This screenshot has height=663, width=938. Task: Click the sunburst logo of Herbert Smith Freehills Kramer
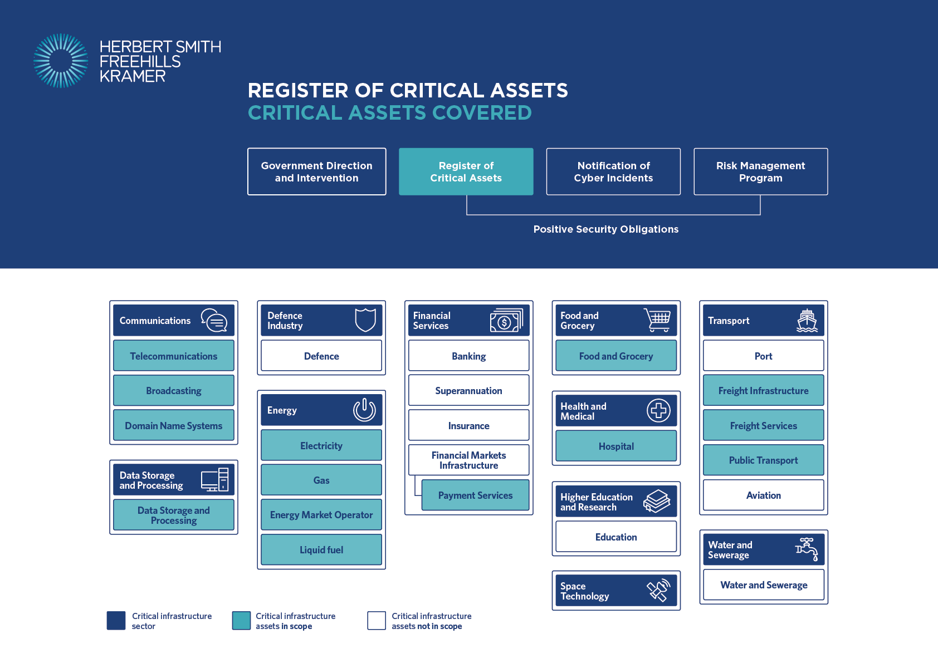(61, 61)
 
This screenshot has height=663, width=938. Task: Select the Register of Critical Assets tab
(466, 171)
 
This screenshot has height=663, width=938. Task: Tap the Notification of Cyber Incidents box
(613, 171)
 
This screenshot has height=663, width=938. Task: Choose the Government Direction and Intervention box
(316, 171)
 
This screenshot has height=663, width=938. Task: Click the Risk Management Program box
(761, 171)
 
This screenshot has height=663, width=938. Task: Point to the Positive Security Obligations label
(606, 229)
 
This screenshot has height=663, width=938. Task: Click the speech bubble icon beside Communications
(214, 321)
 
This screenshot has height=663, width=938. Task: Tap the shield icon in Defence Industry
(365, 320)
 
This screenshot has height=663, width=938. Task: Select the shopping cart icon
(657, 320)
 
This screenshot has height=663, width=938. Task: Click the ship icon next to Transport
(807, 321)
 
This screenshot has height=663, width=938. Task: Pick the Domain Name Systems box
(174, 425)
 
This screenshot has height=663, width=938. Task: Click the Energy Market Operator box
(321, 514)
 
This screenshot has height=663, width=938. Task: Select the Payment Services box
(475, 495)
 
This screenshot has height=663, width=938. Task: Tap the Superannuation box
(468, 390)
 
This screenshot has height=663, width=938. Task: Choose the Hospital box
(616, 446)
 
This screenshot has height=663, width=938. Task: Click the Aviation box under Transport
(764, 495)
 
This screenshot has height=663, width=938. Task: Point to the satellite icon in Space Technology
(658, 591)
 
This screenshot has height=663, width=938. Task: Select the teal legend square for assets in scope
(241, 620)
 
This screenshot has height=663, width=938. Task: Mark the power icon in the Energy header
(364, 410)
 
